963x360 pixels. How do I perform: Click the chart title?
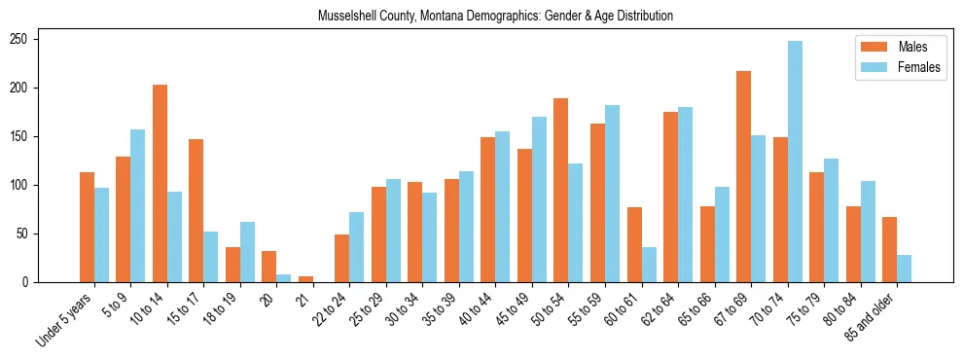(x=495, y=17)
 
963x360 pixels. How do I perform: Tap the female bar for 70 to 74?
(x=795, y=162)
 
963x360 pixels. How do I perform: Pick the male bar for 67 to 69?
(x=744, y=177)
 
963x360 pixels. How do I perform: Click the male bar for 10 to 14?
(x=160, y=184)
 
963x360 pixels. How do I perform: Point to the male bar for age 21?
(x=305, y=279)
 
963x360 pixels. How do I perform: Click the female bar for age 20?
(x=284, y=278)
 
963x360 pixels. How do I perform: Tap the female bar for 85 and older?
(x=905, y=269)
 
